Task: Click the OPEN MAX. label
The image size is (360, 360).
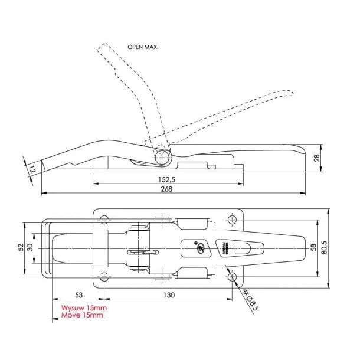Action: (x=143, y=46)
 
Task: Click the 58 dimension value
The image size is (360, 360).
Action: (x=313, y=248)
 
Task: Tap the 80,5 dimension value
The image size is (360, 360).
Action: (x=325, y=248)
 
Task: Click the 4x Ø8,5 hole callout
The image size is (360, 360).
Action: (x=250, y=302)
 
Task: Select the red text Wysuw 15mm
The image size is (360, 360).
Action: (x=83, y=308)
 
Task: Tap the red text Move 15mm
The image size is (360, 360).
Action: (x=82, y=316)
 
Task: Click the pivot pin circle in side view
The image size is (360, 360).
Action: (x=162, y=157)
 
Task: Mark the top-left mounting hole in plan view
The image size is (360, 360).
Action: (x=105, y=220)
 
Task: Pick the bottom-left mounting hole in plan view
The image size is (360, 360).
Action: (x=105, y=276)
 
